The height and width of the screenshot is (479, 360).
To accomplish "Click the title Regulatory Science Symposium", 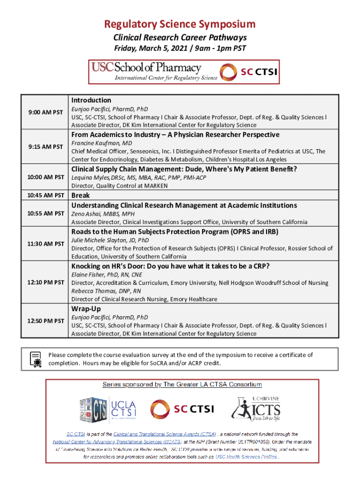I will pos(180,24).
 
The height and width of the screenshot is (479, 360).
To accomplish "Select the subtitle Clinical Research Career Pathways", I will pos(180,37).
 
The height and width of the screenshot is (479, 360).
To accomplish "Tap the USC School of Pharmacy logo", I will pos(154,72).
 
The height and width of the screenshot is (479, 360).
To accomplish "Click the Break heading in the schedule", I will pos(80,195).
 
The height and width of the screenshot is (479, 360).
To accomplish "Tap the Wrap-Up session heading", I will pos(86,309).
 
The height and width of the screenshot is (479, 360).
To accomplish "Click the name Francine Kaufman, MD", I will pos(101,143).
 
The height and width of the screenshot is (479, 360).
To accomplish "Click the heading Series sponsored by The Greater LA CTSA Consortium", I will pos(182,385).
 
